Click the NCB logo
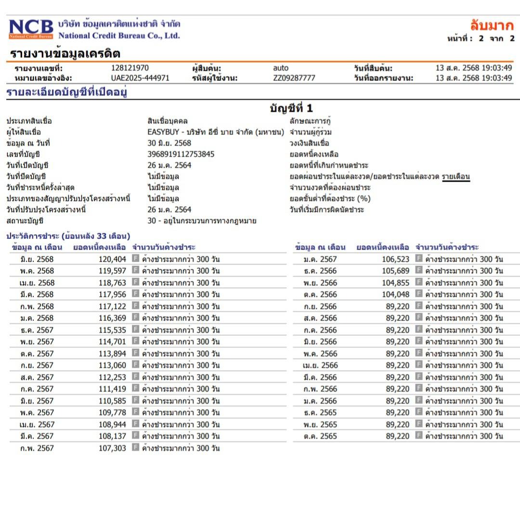point(31,29)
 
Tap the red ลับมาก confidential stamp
point(492,26)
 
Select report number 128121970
point(130,68)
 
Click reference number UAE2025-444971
point(140,78)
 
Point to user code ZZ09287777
point(294,78)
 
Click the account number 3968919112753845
point(181,154)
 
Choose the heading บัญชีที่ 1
point(291,109)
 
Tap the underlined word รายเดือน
point(455,176)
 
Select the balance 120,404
point(112,259)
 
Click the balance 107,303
point(112,448)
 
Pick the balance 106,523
point(395,259)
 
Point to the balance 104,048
point(395,294)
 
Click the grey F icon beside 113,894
point(136,353)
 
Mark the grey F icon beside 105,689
point(419,271)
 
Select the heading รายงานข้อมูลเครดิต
point(65,53)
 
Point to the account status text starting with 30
point(202,221)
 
